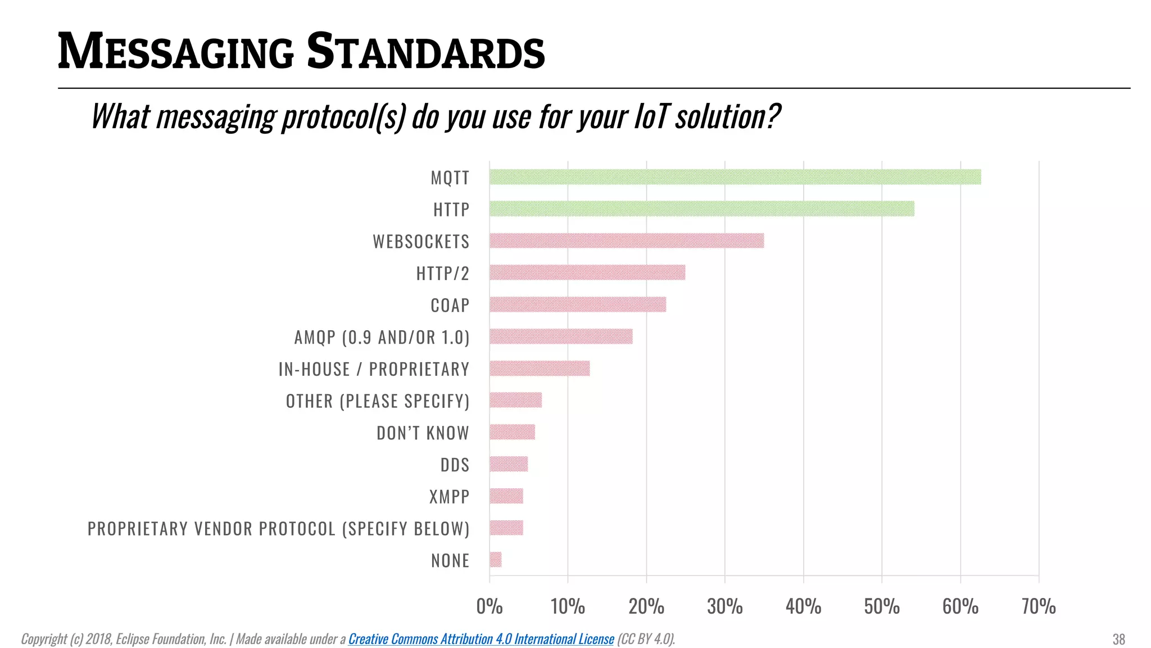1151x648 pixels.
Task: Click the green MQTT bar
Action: coord(735,177)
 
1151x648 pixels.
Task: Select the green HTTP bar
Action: coord(701,209)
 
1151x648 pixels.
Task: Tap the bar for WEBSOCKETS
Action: coord(627,241)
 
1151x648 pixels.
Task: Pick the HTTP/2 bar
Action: coord(587,273)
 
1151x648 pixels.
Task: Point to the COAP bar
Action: coord(578,304)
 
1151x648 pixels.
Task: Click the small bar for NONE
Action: coord(496,560)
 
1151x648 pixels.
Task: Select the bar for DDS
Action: coord(509,464)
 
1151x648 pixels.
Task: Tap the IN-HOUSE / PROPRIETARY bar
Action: coord(540,368)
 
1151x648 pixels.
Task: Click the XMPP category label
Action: coord(449,497)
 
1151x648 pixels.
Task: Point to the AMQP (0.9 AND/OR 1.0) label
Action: coord(382,337)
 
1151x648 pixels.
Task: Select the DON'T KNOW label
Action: coord(423,433)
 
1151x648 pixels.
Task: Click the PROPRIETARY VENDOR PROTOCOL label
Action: coord(278,529)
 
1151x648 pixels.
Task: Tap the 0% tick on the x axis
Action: coord(489,606)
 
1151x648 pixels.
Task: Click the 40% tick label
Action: coord(803,606)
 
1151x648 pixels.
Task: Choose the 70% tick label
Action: coord(1039,606)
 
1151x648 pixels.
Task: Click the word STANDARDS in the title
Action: coord(425,52)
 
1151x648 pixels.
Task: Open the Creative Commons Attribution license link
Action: coord(481,639)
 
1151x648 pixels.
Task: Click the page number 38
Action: coord(1118,640)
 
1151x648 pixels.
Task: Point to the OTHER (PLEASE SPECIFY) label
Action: coord(377,401)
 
